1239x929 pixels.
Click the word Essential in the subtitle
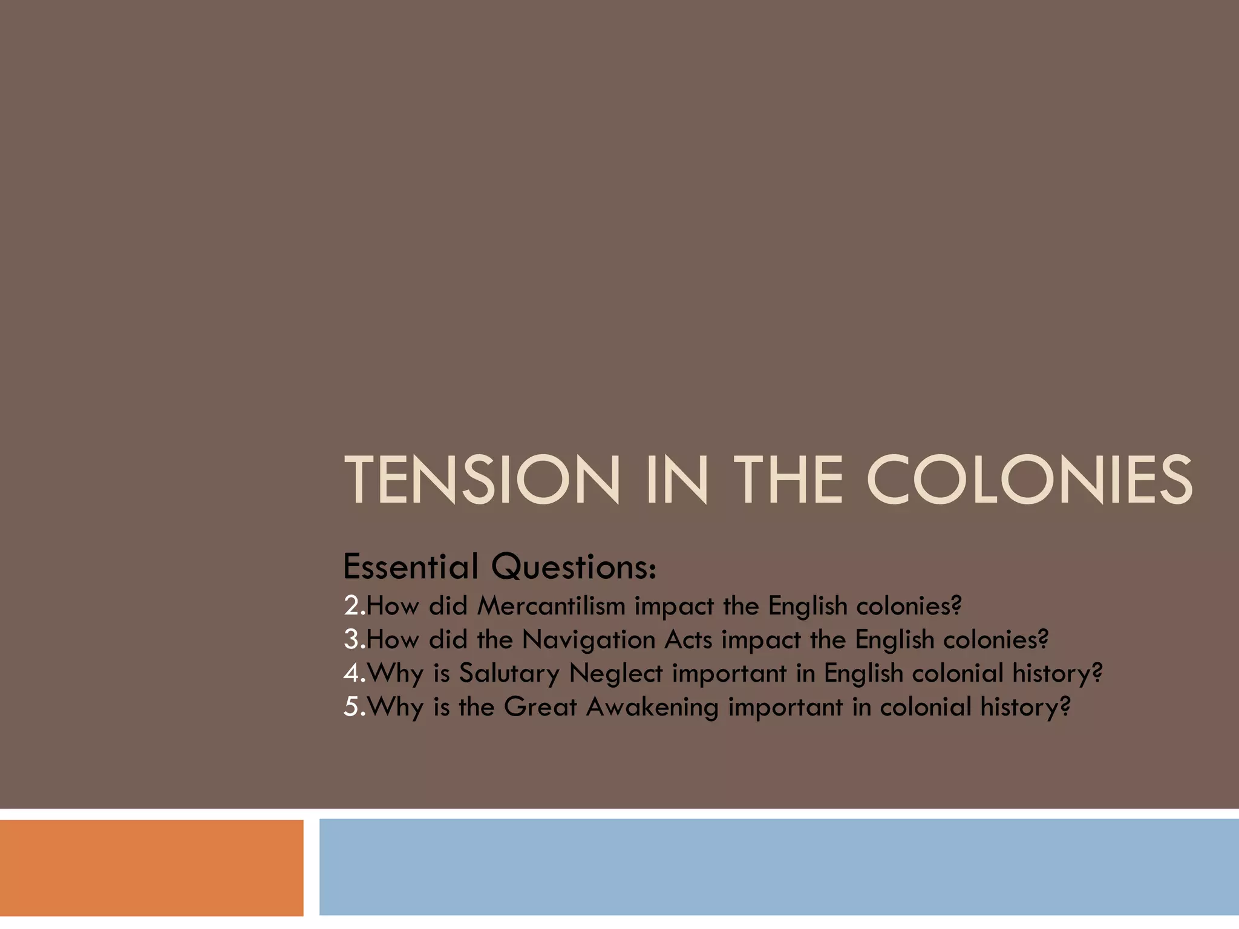tap(411, 567)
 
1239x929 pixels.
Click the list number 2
tap(352, 605)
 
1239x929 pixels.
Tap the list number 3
tap(352, 639)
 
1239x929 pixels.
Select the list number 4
tap(352, 673)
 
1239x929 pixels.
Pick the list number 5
tap(352, 707)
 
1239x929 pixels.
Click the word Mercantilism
tap(551, 605)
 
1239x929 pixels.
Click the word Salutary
tap(509, 674)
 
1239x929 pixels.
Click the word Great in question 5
tap(540, 707)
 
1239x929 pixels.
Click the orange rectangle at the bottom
tap(151, 868)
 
